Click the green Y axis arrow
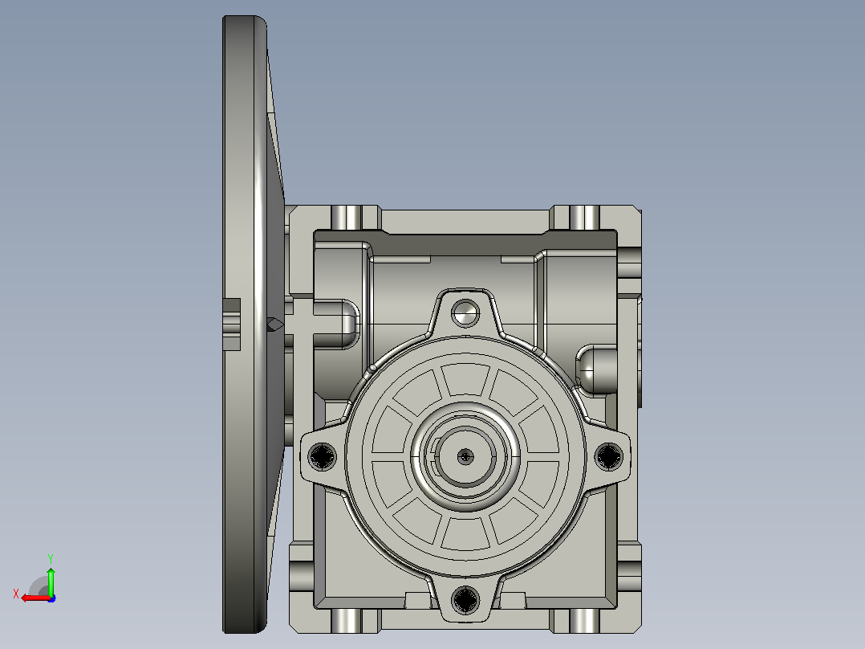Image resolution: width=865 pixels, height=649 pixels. coord(51,580)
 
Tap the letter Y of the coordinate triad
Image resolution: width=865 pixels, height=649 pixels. coord(51,558)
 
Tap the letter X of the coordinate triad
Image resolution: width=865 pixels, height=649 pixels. coord(16,594)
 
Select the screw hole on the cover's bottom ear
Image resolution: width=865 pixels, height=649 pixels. coord(465,599)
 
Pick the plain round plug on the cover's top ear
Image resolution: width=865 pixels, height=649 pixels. coord(465,313)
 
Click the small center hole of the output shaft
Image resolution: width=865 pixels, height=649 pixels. coord(465,456)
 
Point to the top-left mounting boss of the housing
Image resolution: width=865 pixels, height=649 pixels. coord(347,218)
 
